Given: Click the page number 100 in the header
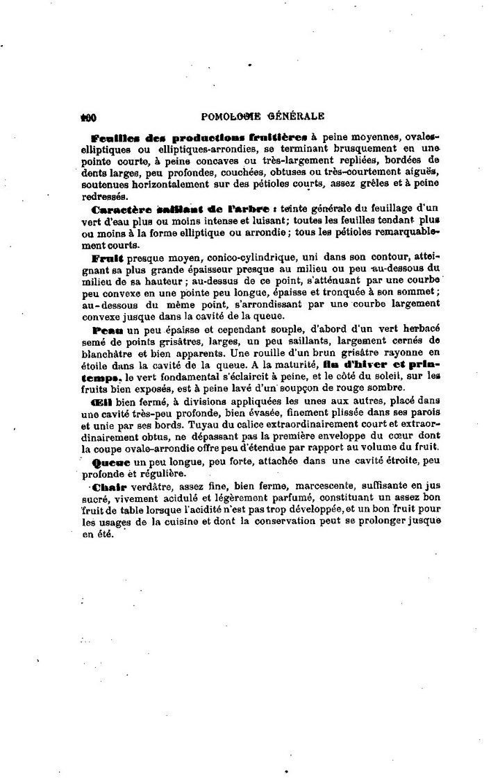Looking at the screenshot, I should point(88,117).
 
